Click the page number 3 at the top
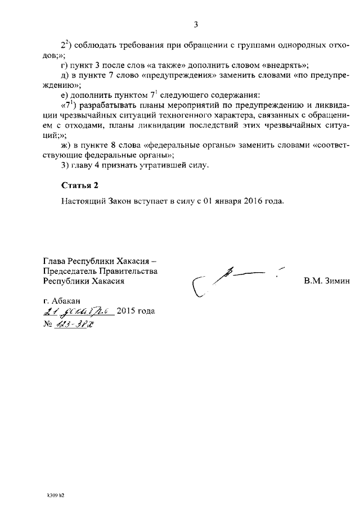(195, 24)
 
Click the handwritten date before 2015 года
(79, 310)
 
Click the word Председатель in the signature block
(72, 271)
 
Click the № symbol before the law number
(47, 324)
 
